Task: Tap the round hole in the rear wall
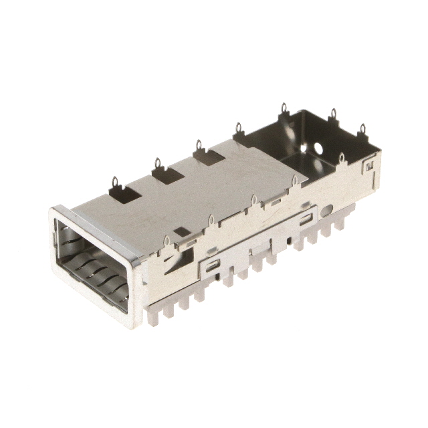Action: click(319, 146)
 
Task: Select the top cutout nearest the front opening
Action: click(125, 194)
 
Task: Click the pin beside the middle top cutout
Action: click(157, 163)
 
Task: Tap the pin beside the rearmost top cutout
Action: click(198, 144)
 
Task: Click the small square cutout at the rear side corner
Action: click(367, 163)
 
